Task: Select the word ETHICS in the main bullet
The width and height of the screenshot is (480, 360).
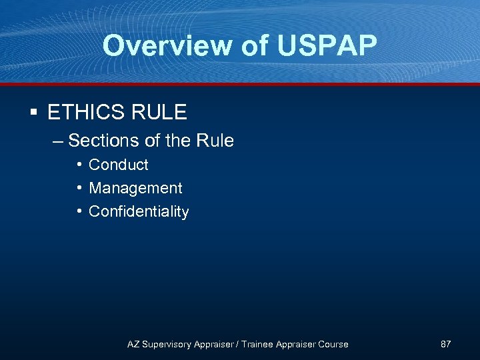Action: pyautogui.click(x=85, y=112)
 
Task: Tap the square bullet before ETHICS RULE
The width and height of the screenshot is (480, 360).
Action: pyautogui.click(x=33, y=112)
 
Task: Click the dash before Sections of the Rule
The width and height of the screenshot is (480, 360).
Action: pyautogui.click(x=58, y=141)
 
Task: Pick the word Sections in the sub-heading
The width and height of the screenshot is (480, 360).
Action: pyautogui.click(x=98, y=141)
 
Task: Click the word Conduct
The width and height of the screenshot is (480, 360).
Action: pyautogui.click(x=119, y=165)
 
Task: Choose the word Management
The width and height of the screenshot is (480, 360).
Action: pyautogui.click(x=135, y=189)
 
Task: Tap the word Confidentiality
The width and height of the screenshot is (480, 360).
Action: pyautogui.click(x=139, y=212)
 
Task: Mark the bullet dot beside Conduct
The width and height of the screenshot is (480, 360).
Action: pyautogui.click(x=79, y=165)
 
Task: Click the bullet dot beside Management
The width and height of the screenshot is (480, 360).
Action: pyautogui.click(x=79, y=188)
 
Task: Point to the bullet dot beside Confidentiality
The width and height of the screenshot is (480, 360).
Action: pyautogui.click(x=79, y=211)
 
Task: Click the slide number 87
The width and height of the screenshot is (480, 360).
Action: pyautogui.click(x=446, y=344)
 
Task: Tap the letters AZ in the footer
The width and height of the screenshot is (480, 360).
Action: pyautogui.click(x=133, y=344)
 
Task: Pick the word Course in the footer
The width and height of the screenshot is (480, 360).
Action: pyautogui.click(x=333, y=344)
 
